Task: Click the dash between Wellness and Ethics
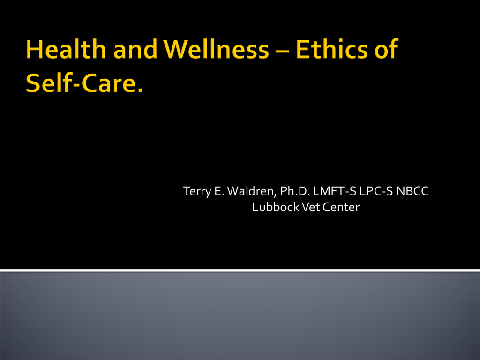click(282, 51)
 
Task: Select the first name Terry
click(197, 191)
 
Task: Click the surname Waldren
click(252, 191)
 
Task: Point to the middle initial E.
click(219, 191)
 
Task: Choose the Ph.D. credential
click(295, 191)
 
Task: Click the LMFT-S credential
click(334, 191)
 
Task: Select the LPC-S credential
click(376, 191)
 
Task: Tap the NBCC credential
click(412, 191)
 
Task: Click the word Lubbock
click(276, 207)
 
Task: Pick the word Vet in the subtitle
click(310, 207)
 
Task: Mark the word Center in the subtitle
click(341, 207)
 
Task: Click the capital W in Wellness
click(175, 49)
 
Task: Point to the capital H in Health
click(34, 49)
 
